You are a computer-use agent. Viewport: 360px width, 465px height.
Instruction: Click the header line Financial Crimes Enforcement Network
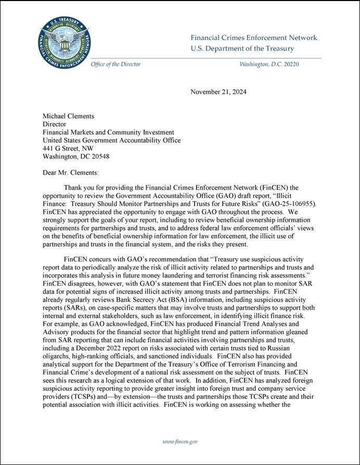(x=253, y=38)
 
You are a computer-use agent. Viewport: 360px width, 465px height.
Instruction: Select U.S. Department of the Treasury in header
(x=242, y=49)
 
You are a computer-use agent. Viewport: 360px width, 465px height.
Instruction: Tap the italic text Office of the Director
(x=115, y=64)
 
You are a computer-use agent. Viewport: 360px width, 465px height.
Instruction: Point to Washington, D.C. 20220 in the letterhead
(x=268, y=64)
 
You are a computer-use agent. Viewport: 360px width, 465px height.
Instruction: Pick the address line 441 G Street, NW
(x=68, y=148)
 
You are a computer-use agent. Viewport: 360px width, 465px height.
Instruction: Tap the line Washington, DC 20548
(x=75, y=156)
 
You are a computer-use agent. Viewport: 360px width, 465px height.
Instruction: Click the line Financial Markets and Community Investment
(x=108, y=132)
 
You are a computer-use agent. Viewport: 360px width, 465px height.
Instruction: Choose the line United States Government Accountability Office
(x=111, y=140)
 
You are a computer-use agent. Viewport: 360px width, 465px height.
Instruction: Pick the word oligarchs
(x=55, y=357)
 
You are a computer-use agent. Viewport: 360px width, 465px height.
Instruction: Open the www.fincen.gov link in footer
(x=180, y=442)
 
